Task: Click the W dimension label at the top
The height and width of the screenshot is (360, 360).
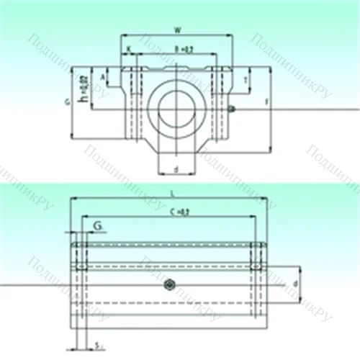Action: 178,30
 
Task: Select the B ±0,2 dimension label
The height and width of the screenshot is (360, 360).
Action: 184,49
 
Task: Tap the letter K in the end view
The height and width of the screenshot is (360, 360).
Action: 129,49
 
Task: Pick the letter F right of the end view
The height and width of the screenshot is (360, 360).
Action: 267,103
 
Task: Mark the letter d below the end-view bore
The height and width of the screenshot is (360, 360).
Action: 176,170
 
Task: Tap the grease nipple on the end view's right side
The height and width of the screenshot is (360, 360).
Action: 230,109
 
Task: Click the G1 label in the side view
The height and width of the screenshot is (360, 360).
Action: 96,228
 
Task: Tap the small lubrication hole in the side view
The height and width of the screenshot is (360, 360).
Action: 170,284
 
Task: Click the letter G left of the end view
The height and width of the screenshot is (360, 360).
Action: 66,103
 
